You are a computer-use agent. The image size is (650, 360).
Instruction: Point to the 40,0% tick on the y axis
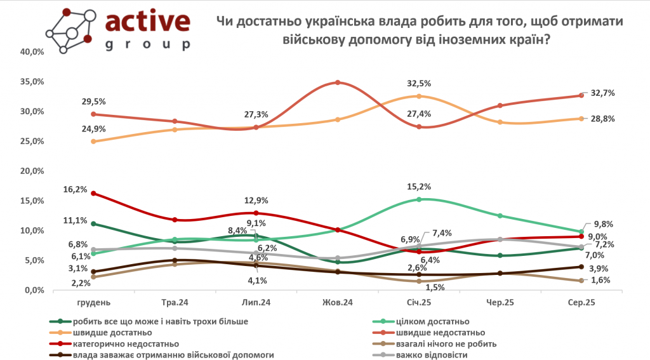point(31,52)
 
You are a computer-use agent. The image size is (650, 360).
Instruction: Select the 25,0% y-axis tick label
point(31,142)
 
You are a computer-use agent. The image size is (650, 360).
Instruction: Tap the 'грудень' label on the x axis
point(94,303)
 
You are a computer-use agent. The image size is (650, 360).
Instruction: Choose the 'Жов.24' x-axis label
point(338,303)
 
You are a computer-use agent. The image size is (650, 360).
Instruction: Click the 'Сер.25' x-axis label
point(581,303)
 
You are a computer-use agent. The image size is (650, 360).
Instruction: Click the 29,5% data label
point(93,102)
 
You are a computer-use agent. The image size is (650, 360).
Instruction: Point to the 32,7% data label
point(603,93)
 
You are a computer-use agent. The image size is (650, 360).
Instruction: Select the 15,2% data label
point(419,187)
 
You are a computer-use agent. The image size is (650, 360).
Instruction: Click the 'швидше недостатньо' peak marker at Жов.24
point(338,83)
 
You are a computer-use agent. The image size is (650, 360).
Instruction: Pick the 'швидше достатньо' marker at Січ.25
point(419,96)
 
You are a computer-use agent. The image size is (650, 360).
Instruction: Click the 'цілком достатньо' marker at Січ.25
point(419,199)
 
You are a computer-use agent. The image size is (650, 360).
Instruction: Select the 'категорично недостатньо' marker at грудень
point(94,193)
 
